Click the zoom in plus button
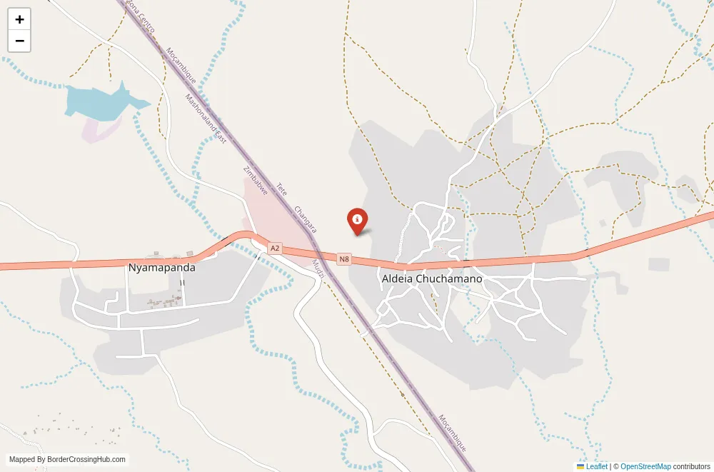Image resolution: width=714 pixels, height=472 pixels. tap(19, 19)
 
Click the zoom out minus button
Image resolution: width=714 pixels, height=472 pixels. tap(19, 41)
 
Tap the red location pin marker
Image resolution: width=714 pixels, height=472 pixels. tap(357, 220)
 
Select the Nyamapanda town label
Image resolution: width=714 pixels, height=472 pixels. tap(161, 268)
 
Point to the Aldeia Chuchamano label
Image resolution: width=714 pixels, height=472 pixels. tap(432, 278)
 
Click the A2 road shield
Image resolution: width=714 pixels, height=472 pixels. tap(275, 248)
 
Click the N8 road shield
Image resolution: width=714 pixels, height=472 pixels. tap(344, 259)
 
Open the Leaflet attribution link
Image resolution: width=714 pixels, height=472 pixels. tap(592, 466)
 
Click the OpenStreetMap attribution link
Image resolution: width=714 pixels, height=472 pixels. tap(645, 466)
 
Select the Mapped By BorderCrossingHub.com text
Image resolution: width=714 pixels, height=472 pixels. tap(68, 460)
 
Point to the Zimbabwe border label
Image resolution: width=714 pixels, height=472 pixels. tap(255, 181)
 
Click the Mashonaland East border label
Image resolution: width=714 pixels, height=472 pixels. tap(206, 119)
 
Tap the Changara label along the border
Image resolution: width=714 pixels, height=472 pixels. tap(305, 219)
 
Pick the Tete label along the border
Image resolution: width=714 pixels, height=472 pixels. tap(281, 189)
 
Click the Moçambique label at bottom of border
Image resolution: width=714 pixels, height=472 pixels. tap(452, 433)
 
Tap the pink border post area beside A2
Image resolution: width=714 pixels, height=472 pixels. tap(275, 214)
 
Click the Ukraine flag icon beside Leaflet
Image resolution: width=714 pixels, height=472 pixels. tap(580, 466)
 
